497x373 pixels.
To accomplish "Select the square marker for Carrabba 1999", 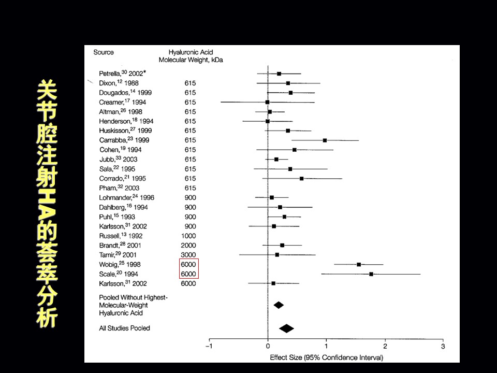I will [325, 140].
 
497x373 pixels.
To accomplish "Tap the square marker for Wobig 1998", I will [359, 264].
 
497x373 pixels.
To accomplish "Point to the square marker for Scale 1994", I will [371, 274].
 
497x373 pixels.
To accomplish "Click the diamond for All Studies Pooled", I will [286, 328].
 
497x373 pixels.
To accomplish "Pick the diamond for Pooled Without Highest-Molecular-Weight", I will [279, 305].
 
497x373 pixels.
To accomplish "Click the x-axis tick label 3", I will [443, 346].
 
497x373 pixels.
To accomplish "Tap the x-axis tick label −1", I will [209, 346].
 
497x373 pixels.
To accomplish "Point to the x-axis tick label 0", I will [268, 346].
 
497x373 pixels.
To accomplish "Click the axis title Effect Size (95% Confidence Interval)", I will [326, 357].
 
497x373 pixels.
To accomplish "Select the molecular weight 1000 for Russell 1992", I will [189, 236].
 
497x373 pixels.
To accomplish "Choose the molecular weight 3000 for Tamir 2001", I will [189, 255].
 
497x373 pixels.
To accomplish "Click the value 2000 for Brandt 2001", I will [189, 245].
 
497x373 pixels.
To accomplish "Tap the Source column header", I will [104, 52].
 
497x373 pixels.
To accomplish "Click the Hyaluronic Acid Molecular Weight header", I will [191, 56].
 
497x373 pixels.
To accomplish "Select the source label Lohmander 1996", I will [126, 197].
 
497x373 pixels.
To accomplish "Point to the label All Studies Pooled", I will [124, 328].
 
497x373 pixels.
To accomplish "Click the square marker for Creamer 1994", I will [268, 102].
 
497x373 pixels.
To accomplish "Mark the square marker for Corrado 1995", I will [301, 178].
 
